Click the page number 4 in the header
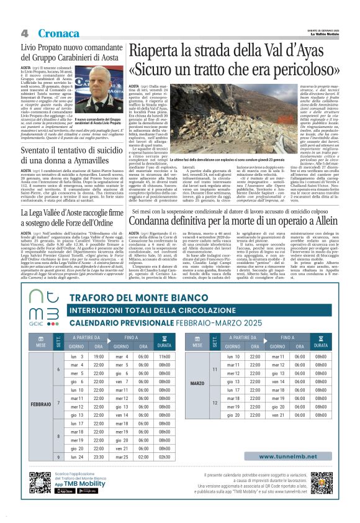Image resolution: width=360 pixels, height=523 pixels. pyautogui.click(x=24, y=33)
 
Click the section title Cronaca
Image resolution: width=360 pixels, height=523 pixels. pyautogui.click(x=58, y=33)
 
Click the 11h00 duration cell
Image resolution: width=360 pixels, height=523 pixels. pyautogui.click(x=164, y=357)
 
